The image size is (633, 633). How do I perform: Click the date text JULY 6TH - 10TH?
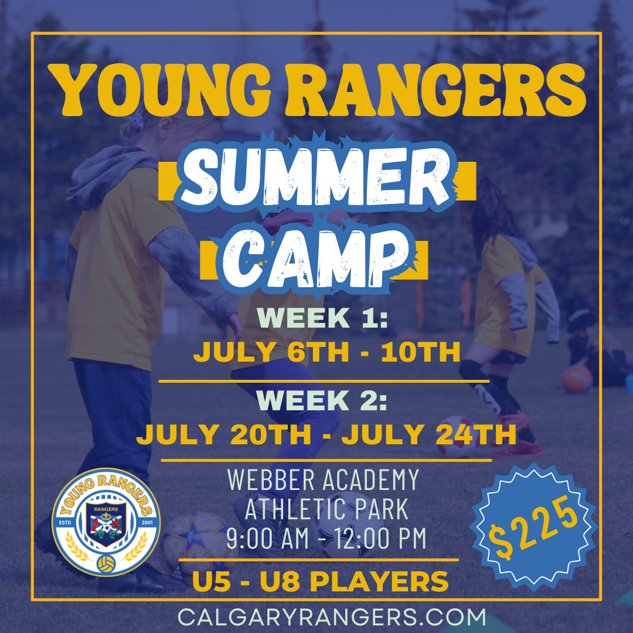pyautogui.click(x=326, y=353)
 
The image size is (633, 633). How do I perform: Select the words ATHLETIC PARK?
pyautogui.click(x=326, y=510)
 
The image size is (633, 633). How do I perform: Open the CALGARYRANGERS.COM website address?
pyautogui.click(x=332, y=617)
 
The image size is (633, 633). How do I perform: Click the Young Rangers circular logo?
pyautogui.click(x=105, y=522)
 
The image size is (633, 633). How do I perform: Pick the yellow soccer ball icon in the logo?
pyautogui.click(x=105, y=563)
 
